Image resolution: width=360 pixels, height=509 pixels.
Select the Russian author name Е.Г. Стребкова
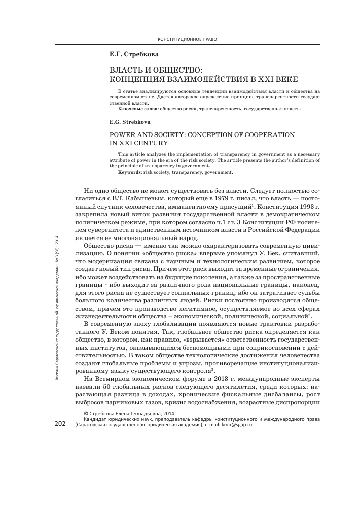click(131, 54)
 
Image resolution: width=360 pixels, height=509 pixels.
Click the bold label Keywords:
click(133, 172)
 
